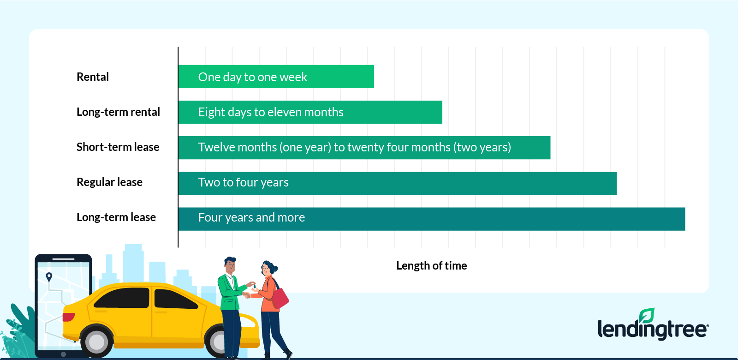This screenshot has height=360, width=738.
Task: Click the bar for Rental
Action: (x=276, y=77)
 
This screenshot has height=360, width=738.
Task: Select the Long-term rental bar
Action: (x=310, y=112)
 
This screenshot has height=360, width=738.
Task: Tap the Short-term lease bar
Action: (x=364, y=147)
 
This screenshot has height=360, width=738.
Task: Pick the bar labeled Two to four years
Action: (x=397, y=183)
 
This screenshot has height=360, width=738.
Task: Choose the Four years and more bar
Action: (x=432, y=219)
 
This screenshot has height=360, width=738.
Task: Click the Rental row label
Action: (x=93, y=77)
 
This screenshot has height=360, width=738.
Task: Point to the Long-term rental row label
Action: (x=118, y=112)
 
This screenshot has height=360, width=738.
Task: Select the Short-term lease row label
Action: (x=118, y=147)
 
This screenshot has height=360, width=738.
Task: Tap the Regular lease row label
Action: (x=109, y=182)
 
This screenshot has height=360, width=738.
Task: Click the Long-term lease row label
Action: (x=116, y=217)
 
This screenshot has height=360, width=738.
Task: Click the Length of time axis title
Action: (x=432, y=266)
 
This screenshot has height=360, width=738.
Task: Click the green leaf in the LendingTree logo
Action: (x=647, y=315)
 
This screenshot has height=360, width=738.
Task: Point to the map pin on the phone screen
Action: (x=49, y=277)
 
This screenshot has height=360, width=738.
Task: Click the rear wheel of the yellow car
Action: (x=96, y=342)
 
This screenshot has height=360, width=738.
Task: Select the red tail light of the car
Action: (x=69, y=317)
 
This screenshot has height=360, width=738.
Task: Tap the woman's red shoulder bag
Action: (x=280, y=299)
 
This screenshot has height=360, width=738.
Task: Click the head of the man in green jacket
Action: (x=231, y=265)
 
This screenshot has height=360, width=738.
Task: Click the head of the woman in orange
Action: (x=269, y=268)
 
